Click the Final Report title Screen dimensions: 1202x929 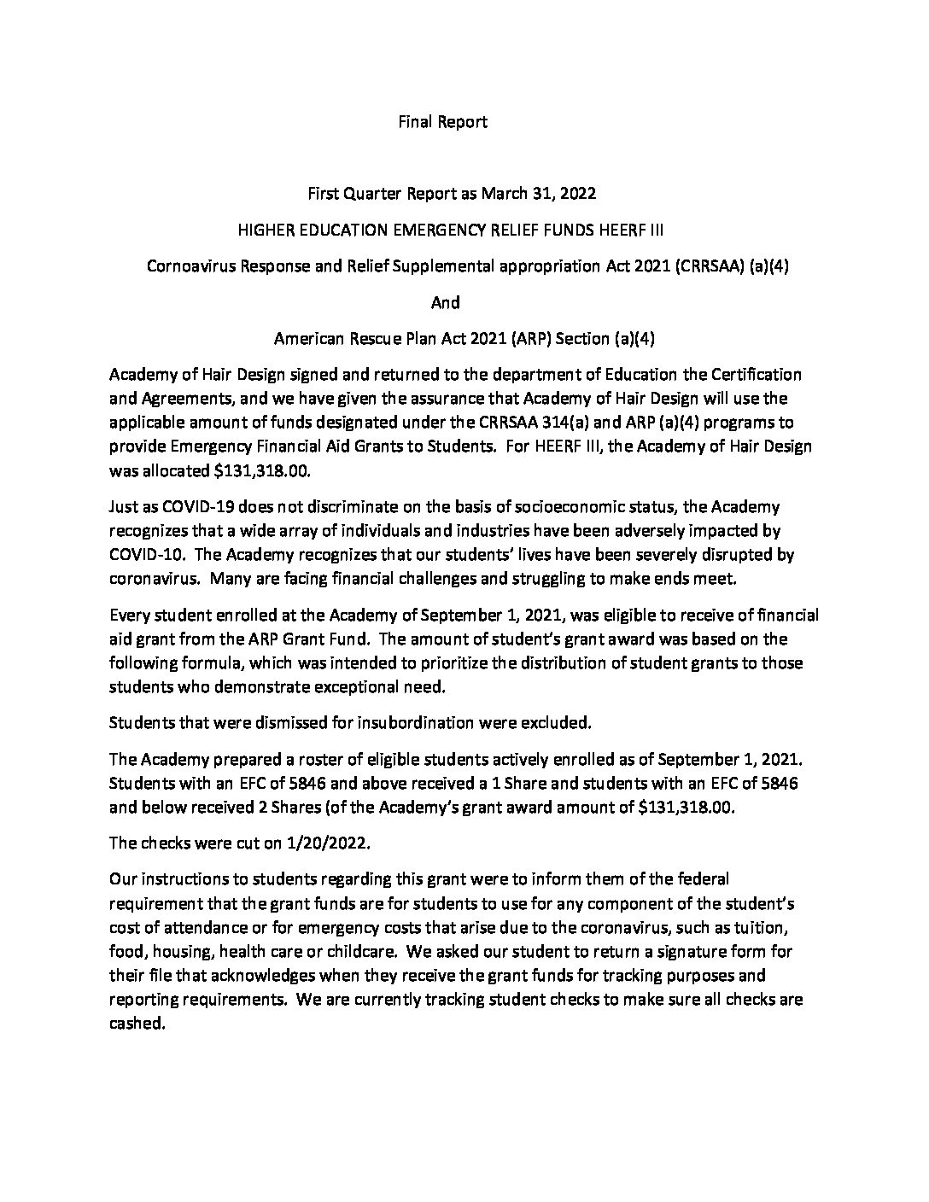[442, 122]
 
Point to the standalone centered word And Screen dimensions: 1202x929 [444, 302]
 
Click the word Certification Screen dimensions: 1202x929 [753, 374]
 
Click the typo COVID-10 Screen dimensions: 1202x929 [143, 555]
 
